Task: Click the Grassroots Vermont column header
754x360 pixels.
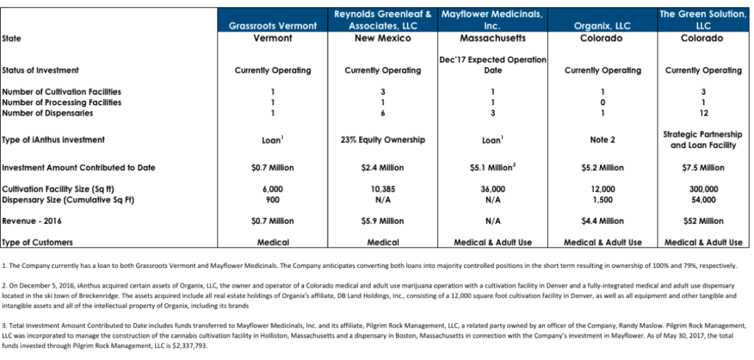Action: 272,26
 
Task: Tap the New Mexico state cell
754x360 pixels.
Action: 383,38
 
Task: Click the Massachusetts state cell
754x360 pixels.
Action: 492,38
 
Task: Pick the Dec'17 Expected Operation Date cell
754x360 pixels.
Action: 492,65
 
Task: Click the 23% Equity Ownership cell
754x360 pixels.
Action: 383,140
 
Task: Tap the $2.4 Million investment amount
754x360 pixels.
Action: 383,168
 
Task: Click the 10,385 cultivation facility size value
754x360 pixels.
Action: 383,189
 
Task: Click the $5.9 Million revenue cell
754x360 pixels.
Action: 383,221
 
